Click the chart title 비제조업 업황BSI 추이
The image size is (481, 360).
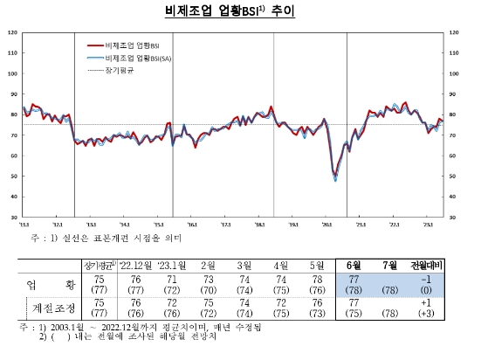point(240,11)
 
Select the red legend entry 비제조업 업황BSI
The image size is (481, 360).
point(131,44)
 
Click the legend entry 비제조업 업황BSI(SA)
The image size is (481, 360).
point(135,57)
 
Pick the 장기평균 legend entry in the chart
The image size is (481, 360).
point(117,70)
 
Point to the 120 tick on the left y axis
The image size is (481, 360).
point(12,32)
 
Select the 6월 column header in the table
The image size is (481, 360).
point(356,265)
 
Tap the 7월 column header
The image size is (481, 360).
point(393,265)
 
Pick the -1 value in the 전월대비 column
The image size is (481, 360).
point(429,280)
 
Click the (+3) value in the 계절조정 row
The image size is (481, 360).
point(429,314)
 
